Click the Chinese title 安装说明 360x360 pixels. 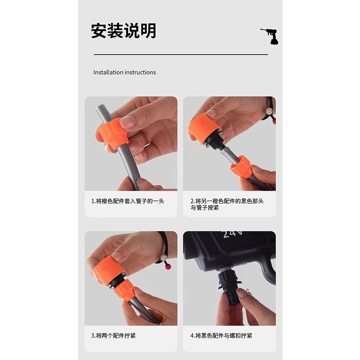click(123, 31)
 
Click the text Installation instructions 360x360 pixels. click(124, 72)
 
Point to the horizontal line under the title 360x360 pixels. click(180, 55)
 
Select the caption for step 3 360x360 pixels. click(113, 336)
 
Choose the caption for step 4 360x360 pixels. click(221, 336)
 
